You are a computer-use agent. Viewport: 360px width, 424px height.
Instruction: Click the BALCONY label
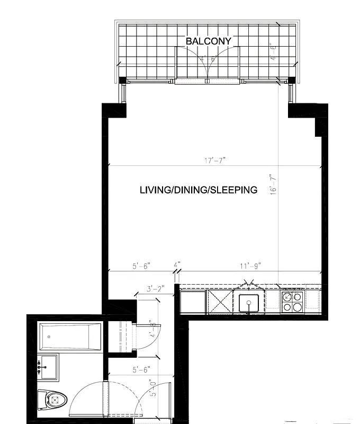[x=208, y=41]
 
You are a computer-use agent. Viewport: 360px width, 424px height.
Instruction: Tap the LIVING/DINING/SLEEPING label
[x=198, y=190]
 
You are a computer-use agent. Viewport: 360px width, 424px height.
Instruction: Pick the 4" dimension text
[x=177, y=264]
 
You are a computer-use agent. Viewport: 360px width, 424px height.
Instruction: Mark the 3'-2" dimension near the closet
[x=156, y=290]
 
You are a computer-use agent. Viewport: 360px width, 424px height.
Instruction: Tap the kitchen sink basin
[x=248, y=304]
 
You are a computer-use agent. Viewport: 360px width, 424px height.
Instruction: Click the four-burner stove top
[x=292, y=302]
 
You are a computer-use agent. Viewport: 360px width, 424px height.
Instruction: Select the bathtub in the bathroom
[x=69, y=337]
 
